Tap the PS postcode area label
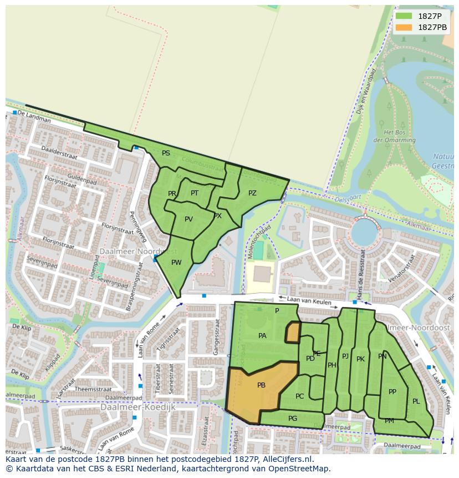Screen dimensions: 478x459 click(166, 153)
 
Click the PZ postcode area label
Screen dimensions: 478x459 click(252, 193)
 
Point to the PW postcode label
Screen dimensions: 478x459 click(176, 263)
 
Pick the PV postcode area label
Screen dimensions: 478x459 click(188, 219)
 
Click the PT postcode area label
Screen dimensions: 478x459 click(195, 193)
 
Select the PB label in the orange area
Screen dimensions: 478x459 click(261, 385)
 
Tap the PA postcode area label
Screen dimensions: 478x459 click(262, 335)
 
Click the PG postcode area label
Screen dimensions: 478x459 click(293, 418)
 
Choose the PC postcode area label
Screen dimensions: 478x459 click(299, 396)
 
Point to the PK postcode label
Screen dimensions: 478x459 click(360, 359)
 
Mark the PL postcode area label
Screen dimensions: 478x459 click(416, 401)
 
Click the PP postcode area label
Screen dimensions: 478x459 click(392, 391)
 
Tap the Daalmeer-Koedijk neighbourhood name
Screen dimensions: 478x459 click(137, 407)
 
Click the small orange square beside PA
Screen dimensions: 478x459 click(292, 332)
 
